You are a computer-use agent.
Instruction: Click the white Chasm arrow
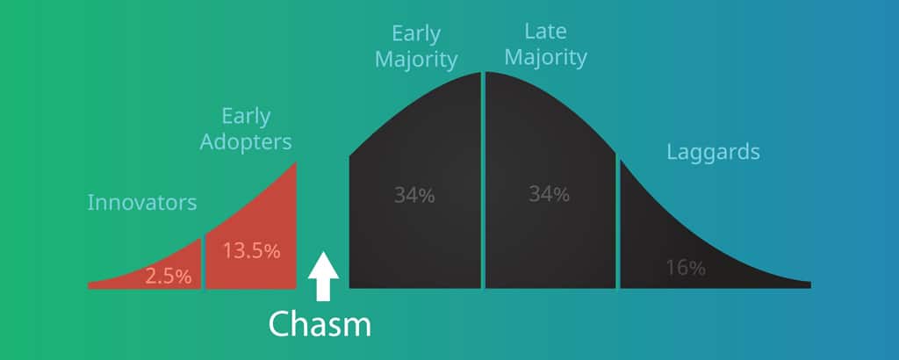point(323,277)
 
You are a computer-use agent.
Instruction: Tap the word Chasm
point(320,324)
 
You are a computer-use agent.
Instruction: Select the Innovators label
point(142,202)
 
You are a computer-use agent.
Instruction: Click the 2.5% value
point(168,277)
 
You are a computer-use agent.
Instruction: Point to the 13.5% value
point(252,250)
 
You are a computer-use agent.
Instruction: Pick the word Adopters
point(246,143)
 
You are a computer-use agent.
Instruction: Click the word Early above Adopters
point(246,117)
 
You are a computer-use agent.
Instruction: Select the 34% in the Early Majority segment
point(414,196)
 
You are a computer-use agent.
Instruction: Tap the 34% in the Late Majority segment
point(550,194)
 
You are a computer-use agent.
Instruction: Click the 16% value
point(686,268)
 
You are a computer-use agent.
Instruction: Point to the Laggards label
point(713,153)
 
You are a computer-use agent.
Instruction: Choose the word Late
point(545,32)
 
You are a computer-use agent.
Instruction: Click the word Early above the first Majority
point(416,34)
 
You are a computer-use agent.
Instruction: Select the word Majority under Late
point(546,59)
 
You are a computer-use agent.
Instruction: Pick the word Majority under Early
point(416,61)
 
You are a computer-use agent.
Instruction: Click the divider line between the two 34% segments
point(484,180)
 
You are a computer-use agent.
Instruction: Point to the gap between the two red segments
point(204,263)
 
